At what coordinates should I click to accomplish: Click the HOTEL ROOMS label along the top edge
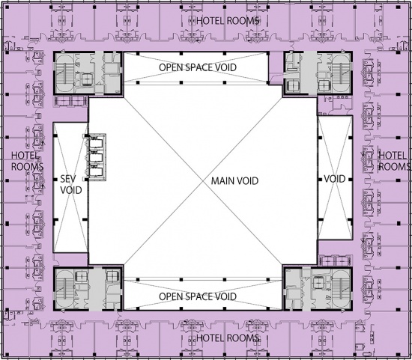(228, 21)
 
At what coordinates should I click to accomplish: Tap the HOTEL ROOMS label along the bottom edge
(228, 338)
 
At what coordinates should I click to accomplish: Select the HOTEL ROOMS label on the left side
(27, 161)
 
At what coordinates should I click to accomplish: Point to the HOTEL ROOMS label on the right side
(394, 161)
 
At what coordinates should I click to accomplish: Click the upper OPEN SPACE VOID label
(198, 67)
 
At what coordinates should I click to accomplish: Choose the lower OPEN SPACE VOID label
(198, 296)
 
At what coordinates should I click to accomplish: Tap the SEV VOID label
(71, 185)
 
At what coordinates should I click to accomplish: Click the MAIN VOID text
(234, 181)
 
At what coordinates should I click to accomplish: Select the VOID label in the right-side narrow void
(335, 179)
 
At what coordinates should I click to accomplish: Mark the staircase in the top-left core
(64, 73)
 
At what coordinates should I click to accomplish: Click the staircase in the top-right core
(341, 73)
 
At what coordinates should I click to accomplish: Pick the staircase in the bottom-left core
(64, 289)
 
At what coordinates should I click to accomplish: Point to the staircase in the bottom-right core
(341, 289)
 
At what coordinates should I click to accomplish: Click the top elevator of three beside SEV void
(96, 144)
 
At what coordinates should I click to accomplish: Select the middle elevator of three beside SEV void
(96, 158)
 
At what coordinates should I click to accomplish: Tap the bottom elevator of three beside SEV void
(96, 171)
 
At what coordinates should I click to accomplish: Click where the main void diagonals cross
(203, 181)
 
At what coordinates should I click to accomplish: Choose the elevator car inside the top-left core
(87, 79)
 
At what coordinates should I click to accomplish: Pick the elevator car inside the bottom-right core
(318, 284)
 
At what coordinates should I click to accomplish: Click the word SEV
(67, 179)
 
